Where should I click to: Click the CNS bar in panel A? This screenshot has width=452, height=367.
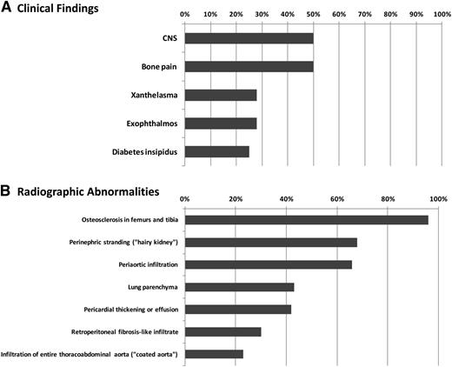click(x=249, y=38)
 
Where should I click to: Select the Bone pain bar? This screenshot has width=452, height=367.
click(x=249, y=66)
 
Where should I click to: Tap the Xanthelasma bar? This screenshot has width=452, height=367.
click(x=221, y=95)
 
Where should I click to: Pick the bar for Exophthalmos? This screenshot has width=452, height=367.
click(x=221, y=123)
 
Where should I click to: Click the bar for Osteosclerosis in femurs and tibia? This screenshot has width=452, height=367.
click(x=306, y=219)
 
